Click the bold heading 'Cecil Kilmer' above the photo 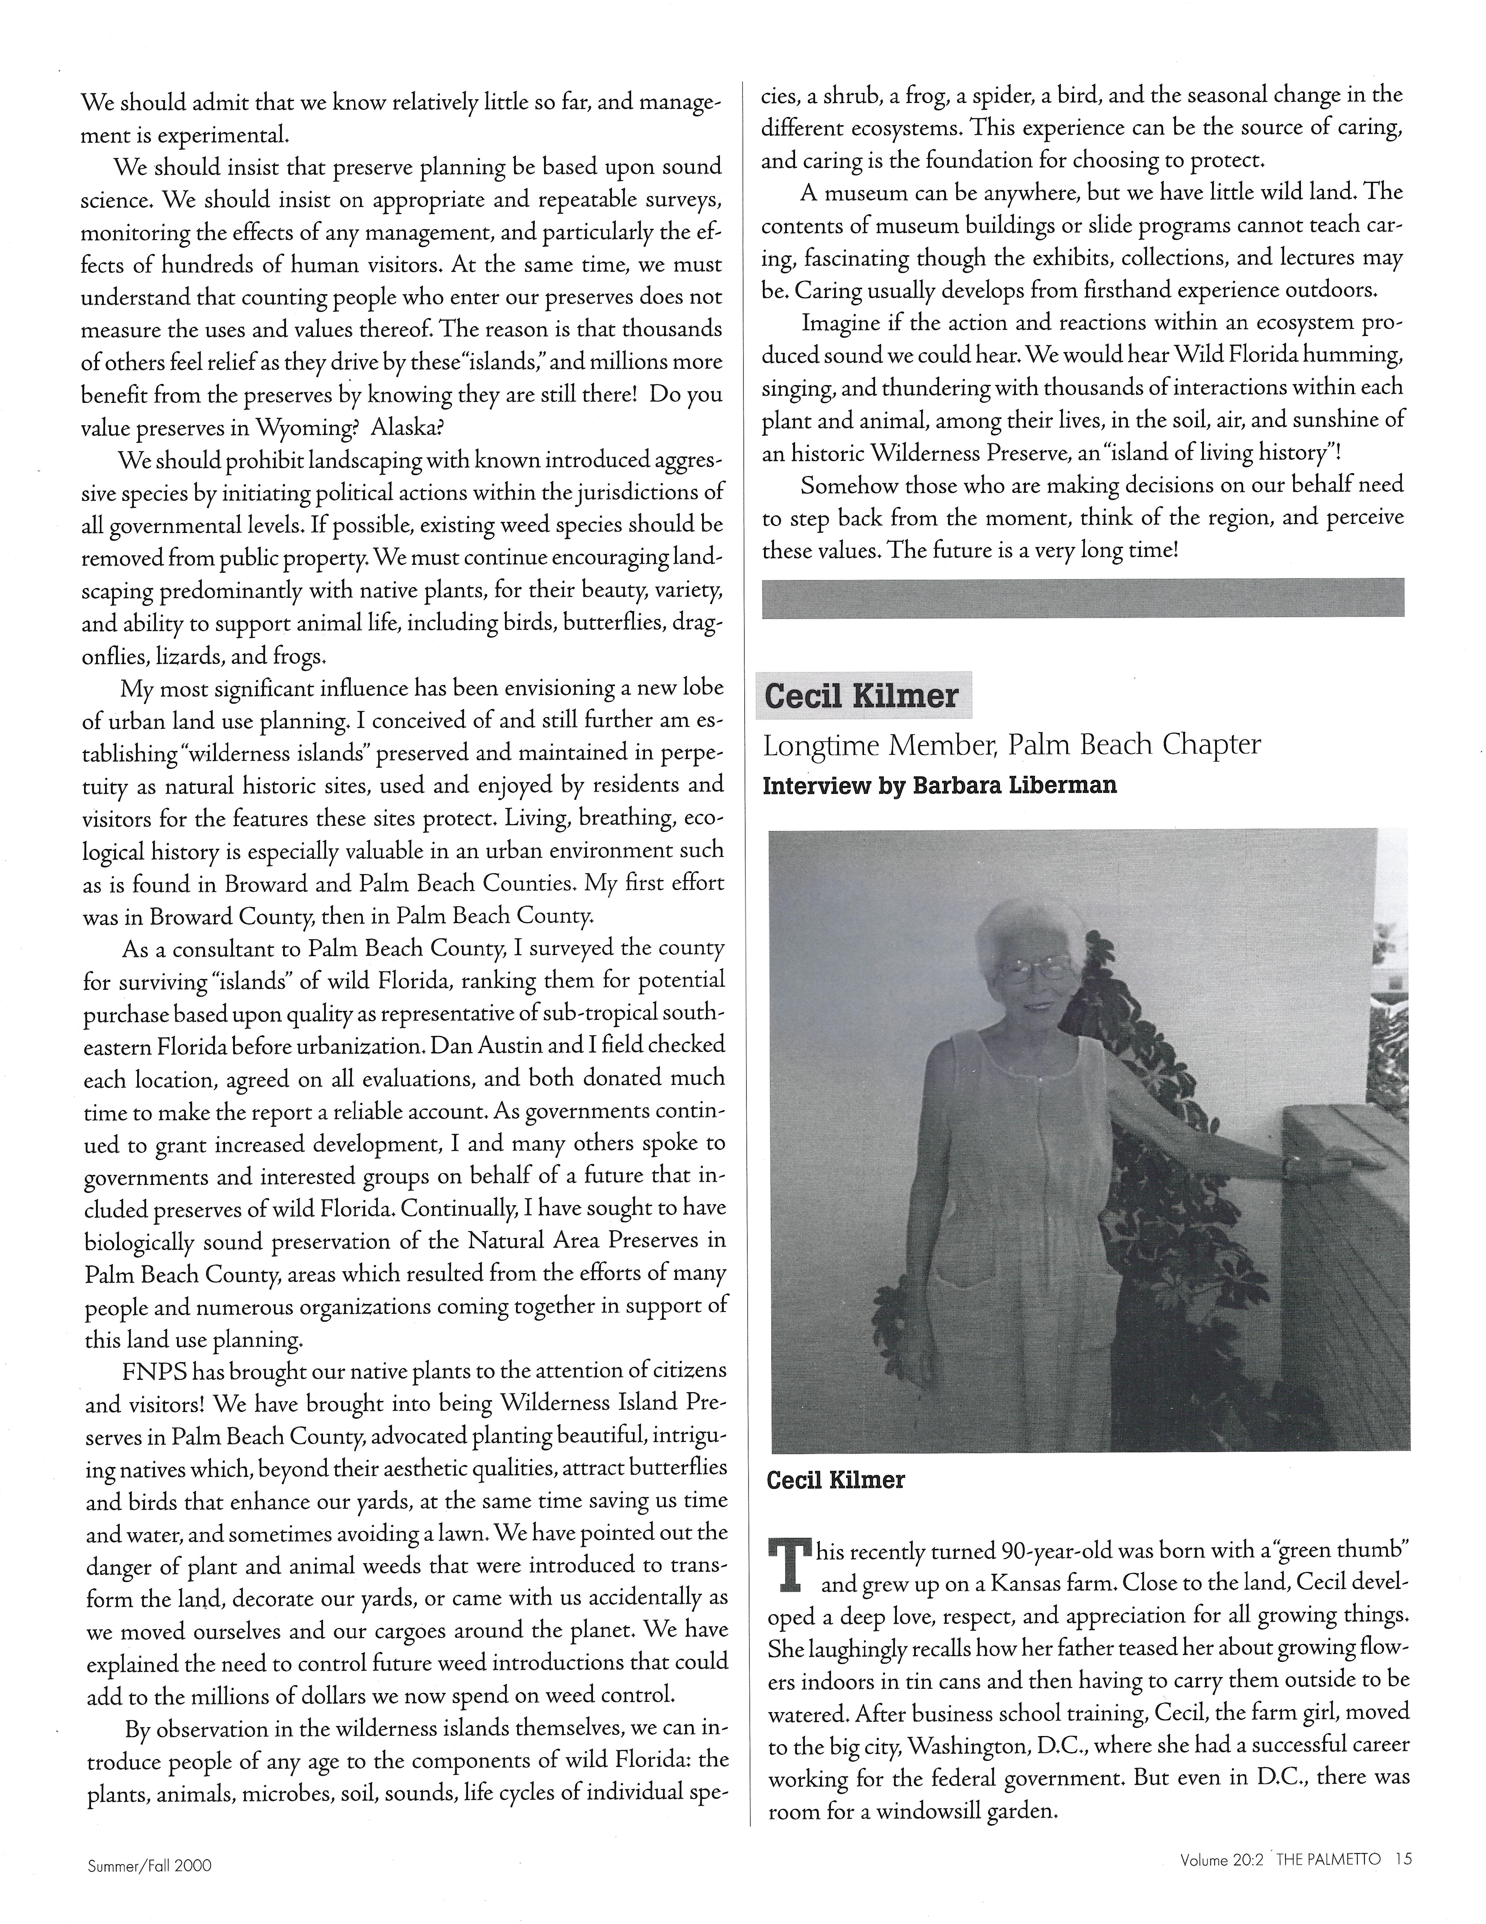coord(861,696)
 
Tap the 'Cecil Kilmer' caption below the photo coord(836,1480)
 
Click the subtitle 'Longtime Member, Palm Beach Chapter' coord(1011,745)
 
